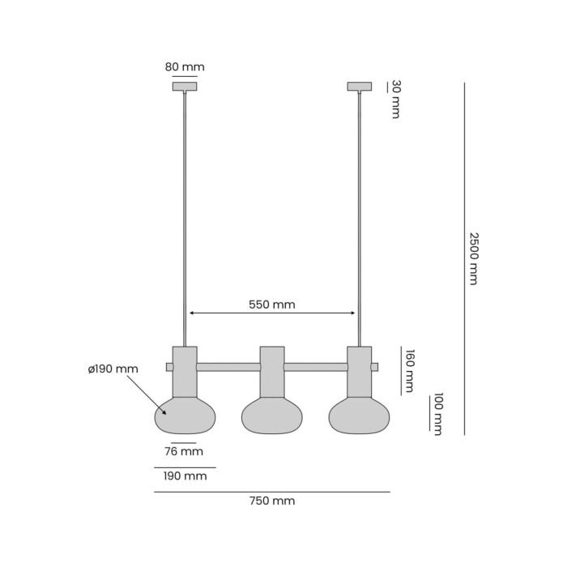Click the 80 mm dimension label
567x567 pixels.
tap(185, 67)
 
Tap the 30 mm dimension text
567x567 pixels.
tap(396, 99)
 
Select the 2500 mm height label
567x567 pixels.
tap(474, 259)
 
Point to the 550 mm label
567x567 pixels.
tap(272, 305)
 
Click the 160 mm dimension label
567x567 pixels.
tap(409, 371)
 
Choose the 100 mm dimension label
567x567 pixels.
tap(438, 414)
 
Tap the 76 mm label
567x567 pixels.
tap(184, 451)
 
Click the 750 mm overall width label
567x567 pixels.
tap(272, 501)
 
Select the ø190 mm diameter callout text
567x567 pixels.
tap(113, 369)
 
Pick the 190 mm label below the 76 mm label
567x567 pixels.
tap(185, 476)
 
